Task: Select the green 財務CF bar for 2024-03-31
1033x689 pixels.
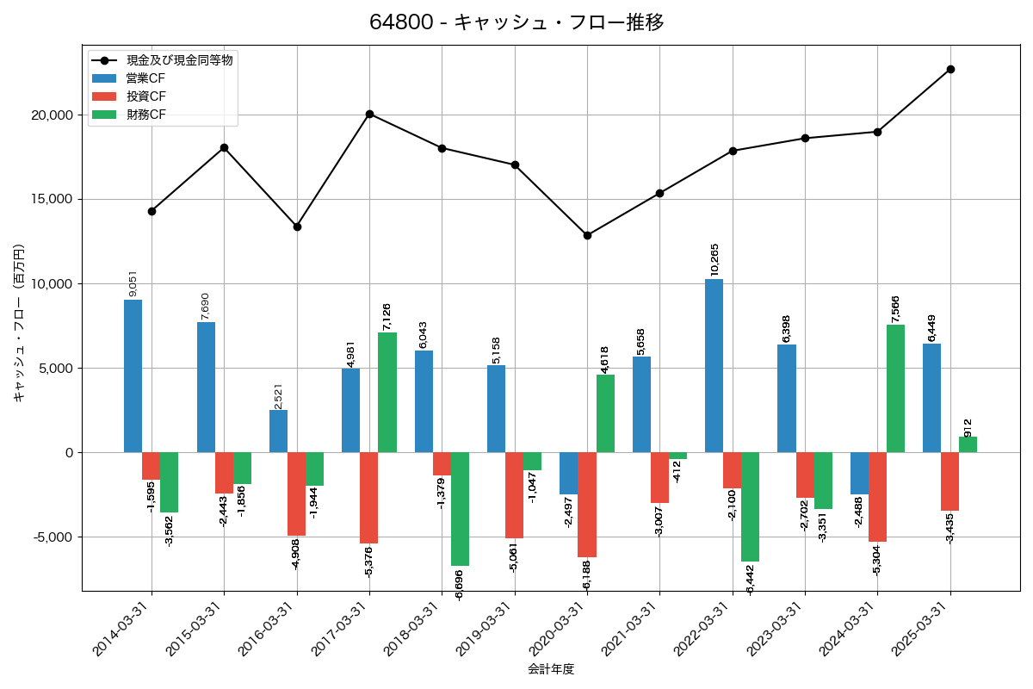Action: pyautogui.click(x=895, y=388)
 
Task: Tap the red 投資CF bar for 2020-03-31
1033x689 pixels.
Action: pyautogui.click(x=587, y=505)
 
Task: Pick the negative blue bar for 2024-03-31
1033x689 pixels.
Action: pyautogui.click(x=859, y=473)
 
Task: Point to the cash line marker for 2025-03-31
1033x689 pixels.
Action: pyautogui.click(x=950, y=69)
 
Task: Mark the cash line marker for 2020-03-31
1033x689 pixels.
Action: pyautogui.click(x=587, y=235)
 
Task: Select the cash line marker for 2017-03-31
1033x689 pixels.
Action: pyautogui.click(x=369, y=114)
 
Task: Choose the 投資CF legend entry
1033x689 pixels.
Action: pyautogui.click(x=145, y=96)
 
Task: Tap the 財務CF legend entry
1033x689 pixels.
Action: pyautogui.click(x=145, y=115)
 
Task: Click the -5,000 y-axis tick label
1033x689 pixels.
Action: pyautogui.click(x=52, y=537)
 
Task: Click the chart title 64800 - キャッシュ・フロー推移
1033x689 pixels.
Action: pyautogui.click(x=516, y=22)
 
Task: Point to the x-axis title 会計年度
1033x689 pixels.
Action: pyautogui.click(x=551, y=669)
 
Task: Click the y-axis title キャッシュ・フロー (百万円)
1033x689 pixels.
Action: pyautogui.click(x=19, y=323)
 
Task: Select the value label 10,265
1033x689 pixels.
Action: pyautogui.click(x=714, y=259)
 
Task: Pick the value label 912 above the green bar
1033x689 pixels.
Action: pyautogui.click(x=968, y=427)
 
